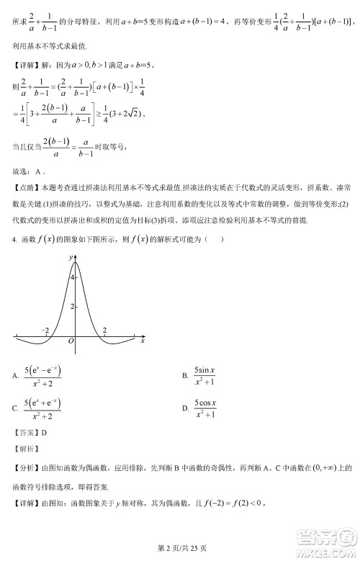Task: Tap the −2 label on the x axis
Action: click(x=45, y=329)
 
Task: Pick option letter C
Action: click(x=16, y=408)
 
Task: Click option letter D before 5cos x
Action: click(x=186, y=408)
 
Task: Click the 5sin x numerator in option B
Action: click(x=205, y=369)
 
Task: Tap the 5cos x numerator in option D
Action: click(x=205, y=402)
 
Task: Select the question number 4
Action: click(x=14, y=240)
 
